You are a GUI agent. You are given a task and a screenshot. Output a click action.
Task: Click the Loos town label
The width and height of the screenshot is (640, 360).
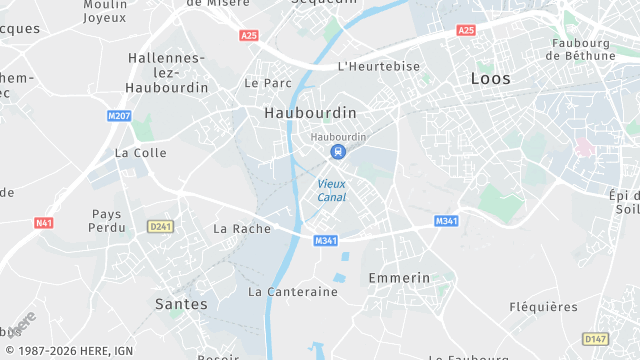coord(490,78)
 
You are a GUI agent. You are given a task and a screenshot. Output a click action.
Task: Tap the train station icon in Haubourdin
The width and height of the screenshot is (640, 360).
coord(338,152)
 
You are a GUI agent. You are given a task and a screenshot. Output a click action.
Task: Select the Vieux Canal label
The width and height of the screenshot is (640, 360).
coord(332,190)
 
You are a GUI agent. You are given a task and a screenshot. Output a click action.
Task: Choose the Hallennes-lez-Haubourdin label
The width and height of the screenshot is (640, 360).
coord(168,73)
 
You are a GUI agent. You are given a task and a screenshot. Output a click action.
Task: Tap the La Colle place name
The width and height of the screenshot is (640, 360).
coord(141,153)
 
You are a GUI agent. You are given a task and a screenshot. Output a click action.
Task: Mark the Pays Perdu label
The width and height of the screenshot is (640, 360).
coord(106,221)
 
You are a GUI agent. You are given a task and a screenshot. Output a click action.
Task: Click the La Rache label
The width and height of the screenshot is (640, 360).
coord(242,229)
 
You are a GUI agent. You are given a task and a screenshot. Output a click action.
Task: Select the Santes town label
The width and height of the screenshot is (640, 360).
coord(182,303)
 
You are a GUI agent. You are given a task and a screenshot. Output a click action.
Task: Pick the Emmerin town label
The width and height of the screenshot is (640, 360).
coord(399,277)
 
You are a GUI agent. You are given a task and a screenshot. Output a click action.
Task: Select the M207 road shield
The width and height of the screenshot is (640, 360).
coord(119,116)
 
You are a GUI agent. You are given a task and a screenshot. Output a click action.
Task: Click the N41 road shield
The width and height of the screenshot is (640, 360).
coord(43,222)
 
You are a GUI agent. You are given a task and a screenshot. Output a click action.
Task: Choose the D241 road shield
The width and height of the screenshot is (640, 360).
coord(159,226)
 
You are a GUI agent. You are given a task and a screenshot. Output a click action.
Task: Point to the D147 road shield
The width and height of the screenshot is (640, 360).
coord(595,339)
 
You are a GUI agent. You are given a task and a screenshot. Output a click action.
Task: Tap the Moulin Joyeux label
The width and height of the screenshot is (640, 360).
coord(105,11)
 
